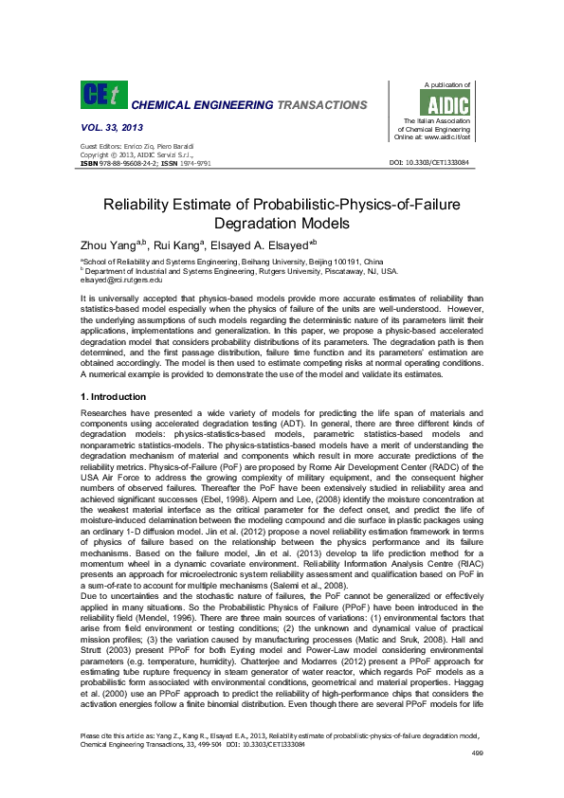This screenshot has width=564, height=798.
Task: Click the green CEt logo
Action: point(100,94)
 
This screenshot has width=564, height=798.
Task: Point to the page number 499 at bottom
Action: point(477,779)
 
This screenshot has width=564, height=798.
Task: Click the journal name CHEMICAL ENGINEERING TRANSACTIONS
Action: point(248,104)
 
